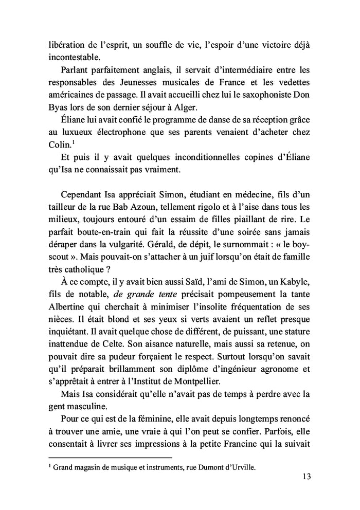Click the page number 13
(x=305, y=476)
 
